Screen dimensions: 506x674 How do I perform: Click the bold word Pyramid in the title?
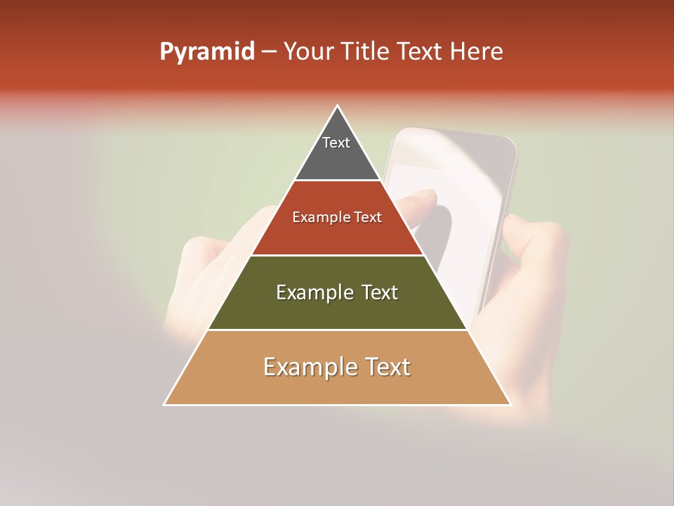coord(207,51)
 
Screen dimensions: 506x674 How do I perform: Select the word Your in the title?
coord(307,51)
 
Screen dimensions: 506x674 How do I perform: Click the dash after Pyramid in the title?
coord(268,52)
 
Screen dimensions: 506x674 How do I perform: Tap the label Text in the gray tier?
coord(336,143)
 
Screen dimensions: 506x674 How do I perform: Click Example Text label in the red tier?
coord(337,217)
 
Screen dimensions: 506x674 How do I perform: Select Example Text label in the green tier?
coord(337,292)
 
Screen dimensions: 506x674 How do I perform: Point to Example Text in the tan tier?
coord(337,367)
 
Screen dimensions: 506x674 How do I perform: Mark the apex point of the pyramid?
coord(338,107)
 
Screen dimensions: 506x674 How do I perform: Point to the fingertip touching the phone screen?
coord(421,197)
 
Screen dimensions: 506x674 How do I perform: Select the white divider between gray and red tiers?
coord(337,181)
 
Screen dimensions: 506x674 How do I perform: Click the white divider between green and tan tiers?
coord(337,330)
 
